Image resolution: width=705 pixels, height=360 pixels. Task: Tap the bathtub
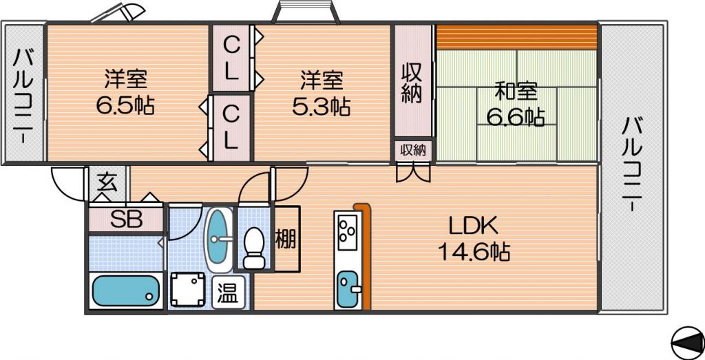click(x=125, y=290)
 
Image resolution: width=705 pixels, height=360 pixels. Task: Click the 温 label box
click(x=229, y=293)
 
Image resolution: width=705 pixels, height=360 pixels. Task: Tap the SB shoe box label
click(x=127, y=220)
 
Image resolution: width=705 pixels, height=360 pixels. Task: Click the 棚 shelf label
click(x=286, y=239)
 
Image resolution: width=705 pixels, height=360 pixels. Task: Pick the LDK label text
click(x=474, y=226)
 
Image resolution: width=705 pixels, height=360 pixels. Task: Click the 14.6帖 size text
click(x=473, y=253)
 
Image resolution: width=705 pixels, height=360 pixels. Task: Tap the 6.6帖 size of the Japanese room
click(x=516, y=117)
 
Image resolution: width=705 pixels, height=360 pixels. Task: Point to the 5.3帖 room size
click(x=321, y=107)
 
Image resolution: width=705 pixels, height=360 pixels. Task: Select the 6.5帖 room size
click(x=125, y=106)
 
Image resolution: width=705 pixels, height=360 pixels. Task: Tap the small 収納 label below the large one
click(x=413, y=151)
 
